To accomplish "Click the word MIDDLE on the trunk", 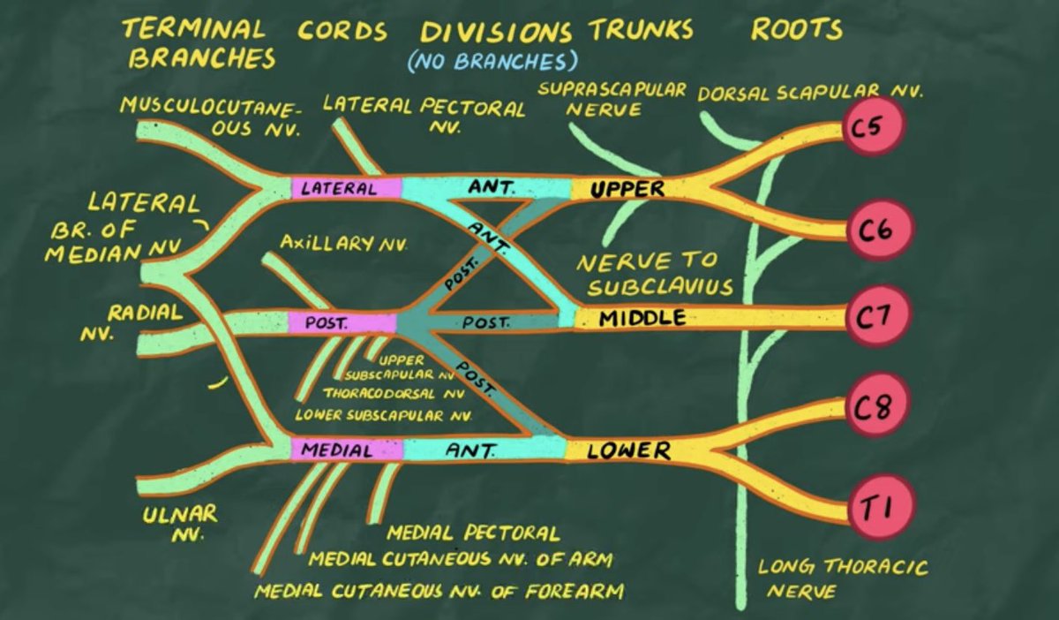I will point(642,318).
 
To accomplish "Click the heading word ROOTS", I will point(796,30).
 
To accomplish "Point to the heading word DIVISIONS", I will point(497,32).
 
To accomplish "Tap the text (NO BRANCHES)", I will point(492,62).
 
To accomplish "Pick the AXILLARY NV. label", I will point(343,243).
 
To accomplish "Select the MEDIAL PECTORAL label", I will point(473,533).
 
